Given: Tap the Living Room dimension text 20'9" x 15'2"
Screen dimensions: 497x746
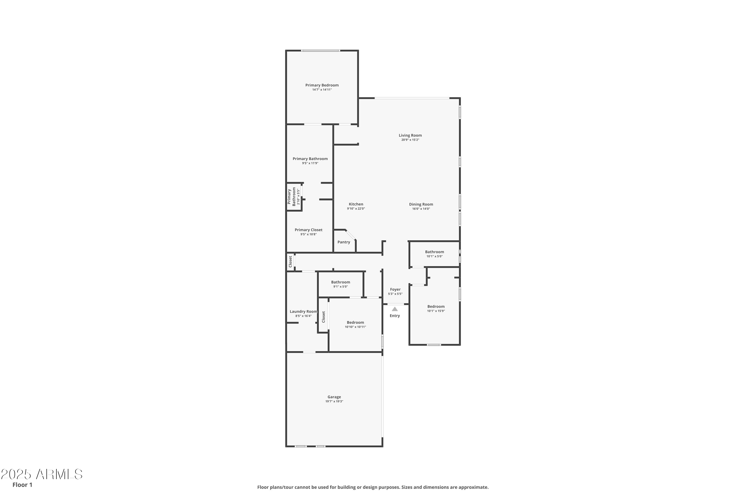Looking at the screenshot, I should click(x=410, y=140).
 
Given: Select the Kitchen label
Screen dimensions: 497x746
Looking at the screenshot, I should click(x=356, y=204).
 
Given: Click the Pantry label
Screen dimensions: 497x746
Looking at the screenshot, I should click(x=343, y=242).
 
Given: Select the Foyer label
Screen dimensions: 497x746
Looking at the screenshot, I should click(x=395, y=290).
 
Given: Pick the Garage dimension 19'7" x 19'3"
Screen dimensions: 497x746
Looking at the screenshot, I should click(x=334, y=401).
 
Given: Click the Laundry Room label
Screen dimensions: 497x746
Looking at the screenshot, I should click(x=303, y=311).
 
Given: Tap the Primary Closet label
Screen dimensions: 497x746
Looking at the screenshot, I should click(x=308, y=230).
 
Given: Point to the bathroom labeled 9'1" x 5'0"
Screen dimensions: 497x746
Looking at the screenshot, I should click(x=340, y=282).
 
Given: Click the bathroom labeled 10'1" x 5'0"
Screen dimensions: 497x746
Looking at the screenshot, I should click(x=434, y=252).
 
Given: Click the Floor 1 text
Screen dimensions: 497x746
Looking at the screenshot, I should click(x=22, y=485).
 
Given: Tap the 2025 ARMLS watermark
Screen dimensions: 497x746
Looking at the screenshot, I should click(x=41, y=474).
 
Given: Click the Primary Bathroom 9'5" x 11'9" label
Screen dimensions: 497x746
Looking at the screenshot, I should click(x=310, y=159).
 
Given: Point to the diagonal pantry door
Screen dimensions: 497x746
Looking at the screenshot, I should click(x=351, y=235).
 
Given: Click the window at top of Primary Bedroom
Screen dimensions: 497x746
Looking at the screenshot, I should click(x=320, y=50).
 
